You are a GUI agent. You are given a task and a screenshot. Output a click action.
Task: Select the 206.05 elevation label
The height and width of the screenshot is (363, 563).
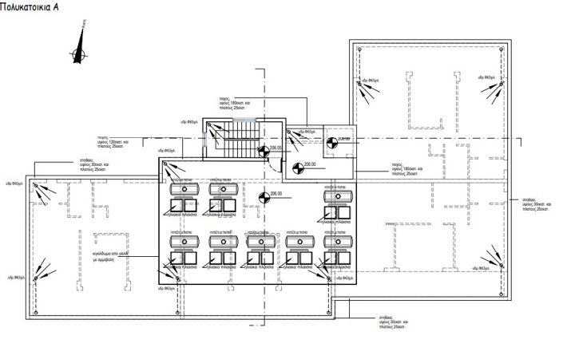point(276,148)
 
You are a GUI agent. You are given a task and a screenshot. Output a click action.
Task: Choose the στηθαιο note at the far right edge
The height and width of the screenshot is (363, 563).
point(535,203)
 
